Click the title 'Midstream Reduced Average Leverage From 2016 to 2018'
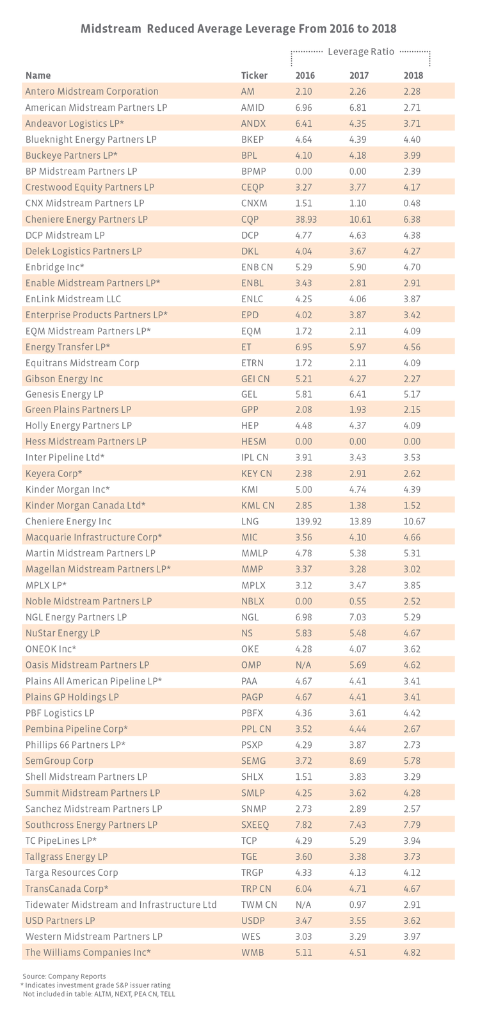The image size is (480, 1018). [239, 29]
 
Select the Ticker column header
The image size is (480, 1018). [254, 76]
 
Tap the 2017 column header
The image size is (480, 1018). [359, 76]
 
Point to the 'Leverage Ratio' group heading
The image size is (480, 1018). [360, 51]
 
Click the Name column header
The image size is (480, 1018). [38, 76]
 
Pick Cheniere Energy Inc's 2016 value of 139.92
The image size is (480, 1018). [308, 521]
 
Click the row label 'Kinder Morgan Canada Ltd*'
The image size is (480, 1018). [85, 505]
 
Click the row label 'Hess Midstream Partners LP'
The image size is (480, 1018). [86, 442]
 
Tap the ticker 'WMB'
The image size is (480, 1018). [252, 952]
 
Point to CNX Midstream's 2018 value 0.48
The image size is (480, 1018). [412, 203]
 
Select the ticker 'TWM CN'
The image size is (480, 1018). [259, 904]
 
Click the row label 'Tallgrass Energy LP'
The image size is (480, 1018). [67, 856]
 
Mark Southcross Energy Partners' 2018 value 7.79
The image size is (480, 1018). [412, 825]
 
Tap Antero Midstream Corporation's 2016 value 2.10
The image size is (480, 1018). [303, 92]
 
